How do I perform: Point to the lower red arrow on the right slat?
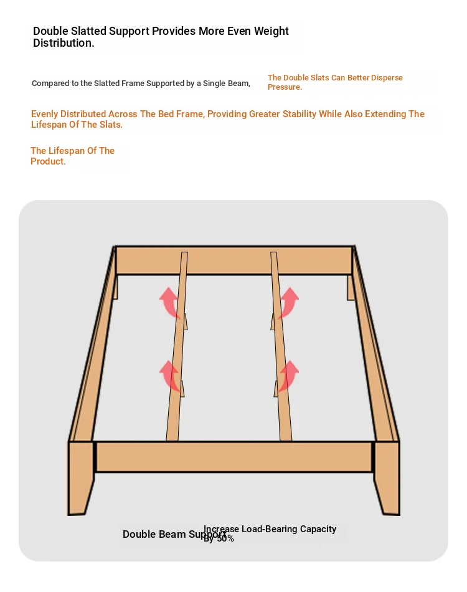point(288,376)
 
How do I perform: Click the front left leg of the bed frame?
point(81,477)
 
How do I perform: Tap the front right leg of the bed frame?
point(386,477)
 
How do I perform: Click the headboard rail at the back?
point(234,260)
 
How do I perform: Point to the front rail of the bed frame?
point(234,457)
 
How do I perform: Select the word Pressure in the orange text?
point(285,87)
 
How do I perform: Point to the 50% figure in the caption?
point(225,538)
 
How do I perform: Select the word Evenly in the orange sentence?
point(45,114)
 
